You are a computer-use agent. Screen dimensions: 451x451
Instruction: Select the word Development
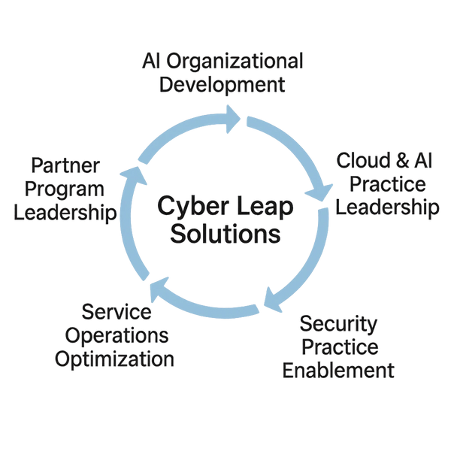(223, 84)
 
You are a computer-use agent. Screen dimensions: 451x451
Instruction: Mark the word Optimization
(115, 358)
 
